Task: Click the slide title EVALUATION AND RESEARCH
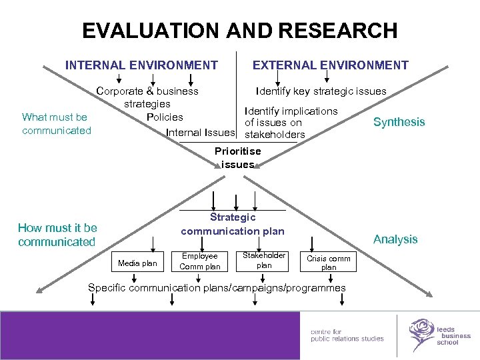pyautogui.click(x=239, y=31)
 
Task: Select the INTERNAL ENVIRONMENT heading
pyautogui.click(x=141, y=65)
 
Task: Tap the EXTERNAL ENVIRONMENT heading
pyautogui.click(x=330, y=65)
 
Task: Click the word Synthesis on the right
pyautogui.click(x=399, y=121)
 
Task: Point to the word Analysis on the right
pyautogui.click(x=395, y=239)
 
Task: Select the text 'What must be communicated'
pyautogui.click(x=57, y=124)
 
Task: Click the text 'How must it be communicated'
pyautogui.click(x=57, y=235)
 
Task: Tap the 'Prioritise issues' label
pyautogui.click(x=238, y=157)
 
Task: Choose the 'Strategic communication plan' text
pyautogui.click(x=233, y=224)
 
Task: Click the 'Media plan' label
pyautogui.click(x=137, y=263)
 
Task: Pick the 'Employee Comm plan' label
pyautogui.click(x=200, y=261)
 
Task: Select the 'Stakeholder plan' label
pyautogui.click(x=264, y=260)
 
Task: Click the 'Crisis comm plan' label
pyautogui.click(x=329, y=262)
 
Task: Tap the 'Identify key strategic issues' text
pyautogui.click(x=321, y=91)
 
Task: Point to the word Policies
pyautogui.click(x=165, y=117)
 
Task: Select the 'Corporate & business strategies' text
pyautogui.click(x=147, y=97)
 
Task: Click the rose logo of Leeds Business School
pyautogui.click(x=421, y=333)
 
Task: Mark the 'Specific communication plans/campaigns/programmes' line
pyautogui.click(x=217, y=288)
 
